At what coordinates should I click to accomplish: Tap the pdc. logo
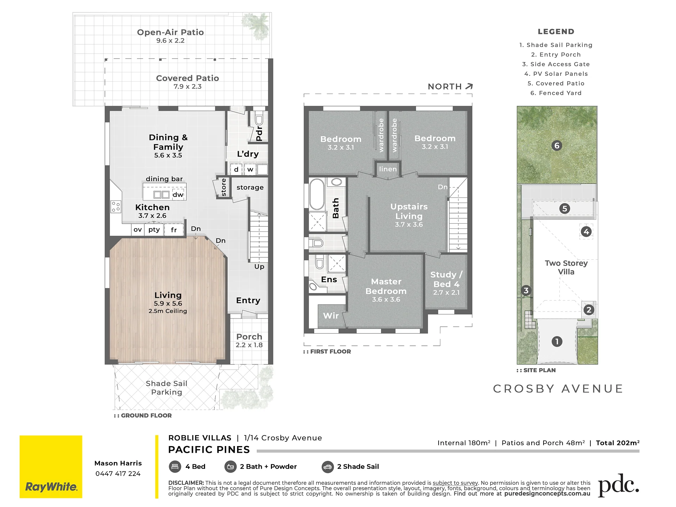point(619,486)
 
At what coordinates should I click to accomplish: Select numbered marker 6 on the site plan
point(557,146)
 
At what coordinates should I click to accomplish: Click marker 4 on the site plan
point(586,231)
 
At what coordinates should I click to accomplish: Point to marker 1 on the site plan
point(557,341)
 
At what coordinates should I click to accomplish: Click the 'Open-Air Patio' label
point(170,32)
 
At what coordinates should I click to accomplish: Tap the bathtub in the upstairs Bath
point(317,194)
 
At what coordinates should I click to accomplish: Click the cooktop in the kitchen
point(116,206)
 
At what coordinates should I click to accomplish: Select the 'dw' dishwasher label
point(178,194)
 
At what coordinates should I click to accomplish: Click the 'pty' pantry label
point(154,230)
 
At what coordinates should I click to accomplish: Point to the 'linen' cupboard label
point(388,169)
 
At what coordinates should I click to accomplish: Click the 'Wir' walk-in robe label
point(331,316)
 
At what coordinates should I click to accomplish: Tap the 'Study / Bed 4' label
point(446,279)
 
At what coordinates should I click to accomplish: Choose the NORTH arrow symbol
point(469,86)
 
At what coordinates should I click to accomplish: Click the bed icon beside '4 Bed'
point(175,466)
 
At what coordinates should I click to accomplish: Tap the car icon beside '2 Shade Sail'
point(327,467)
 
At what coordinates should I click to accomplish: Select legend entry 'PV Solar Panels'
point(556,74)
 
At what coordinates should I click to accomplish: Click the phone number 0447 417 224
point(118,474)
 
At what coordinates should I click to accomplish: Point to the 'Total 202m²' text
point(618,443)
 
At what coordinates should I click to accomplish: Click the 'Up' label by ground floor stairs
point(259,267)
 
